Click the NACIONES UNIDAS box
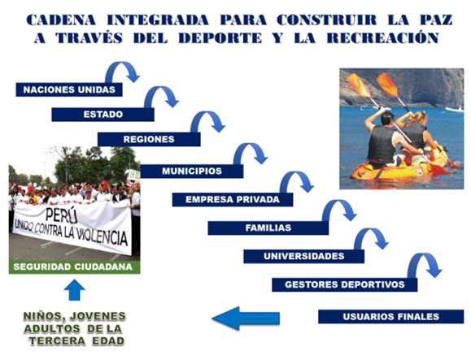pyautogui.click(x=69, y=89)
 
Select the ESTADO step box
pyautogui.click(x=102, y=115)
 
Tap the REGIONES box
pyautogui.click(x=149, y=139)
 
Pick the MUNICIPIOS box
pyautogui.click(x=192, y=171)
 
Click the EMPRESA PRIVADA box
pyautogui.click(x=233, y=199)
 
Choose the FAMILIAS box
pyautogui.click(x=268, y=228)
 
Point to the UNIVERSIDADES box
pyautogui.click(x=304, y=256)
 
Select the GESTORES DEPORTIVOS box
pyautogui.click(x=345, y=284)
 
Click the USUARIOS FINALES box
pyautogui.click(x=391, y=316)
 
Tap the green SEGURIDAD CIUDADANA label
pyautogui.click(x=74, y=267)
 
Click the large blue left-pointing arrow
pyautogui.click(x=246, y=319)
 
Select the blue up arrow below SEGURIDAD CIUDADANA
pyautogui.click(x=75, y=290)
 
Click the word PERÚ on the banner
pyautogui.click(x=62, y=215)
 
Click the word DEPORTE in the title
pyautogui.click(x=220, y=38)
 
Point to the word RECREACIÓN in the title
pyautogui.click(x=383, y=37)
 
